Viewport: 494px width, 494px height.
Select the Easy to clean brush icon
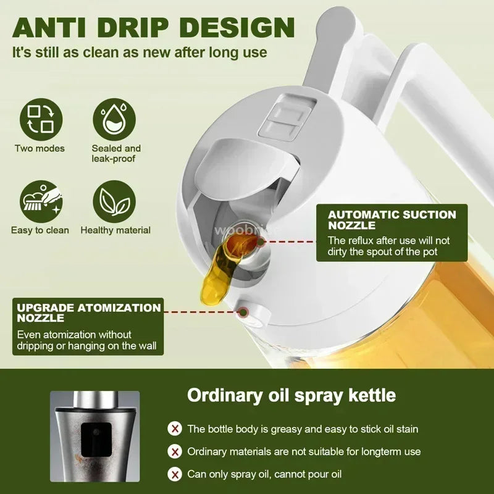pyautogui.click(x=40, y=201)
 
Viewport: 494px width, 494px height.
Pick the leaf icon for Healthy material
pyautogui.click(x=116, y=201)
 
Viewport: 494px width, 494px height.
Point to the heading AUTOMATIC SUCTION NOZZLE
pyautogui.click(x=392, y=220)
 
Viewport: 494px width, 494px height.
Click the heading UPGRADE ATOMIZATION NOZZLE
pyautogui.click(x=89, y=312)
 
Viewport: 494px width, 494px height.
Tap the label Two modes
pyautogui.click(x=40, y=149)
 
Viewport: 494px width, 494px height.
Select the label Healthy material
pyautogui.click(x=115, y=230)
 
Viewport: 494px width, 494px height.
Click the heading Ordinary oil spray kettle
pyautogui.click(x=291, y=395)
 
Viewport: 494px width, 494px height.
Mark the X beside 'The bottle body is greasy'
pyautogui.click(x=175, y=429)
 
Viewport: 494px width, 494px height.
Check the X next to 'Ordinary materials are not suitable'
pyautogui.click(x=175, y=451)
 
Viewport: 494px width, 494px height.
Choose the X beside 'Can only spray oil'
pyautogui.click(x=175, y=474)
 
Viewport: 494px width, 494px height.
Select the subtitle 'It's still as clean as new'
pyautogui.click(x=140, y=52)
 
